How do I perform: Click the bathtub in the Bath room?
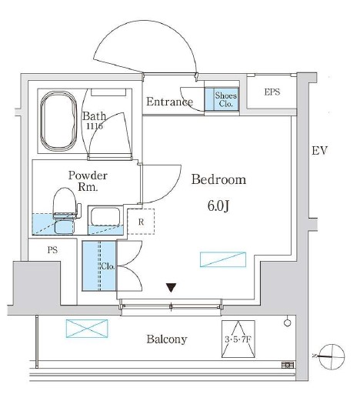coord(58,121)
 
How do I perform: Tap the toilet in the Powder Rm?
coord(65,211)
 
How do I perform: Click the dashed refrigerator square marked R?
coord(141,222)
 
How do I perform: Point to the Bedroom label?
coord(218,179)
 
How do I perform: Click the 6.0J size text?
coord(218,206)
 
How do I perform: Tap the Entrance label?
coord(169,102)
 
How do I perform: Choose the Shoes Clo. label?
coord(225,100)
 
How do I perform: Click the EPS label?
coord(272,92)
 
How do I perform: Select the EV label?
coord(319,151)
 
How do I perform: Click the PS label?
coord(52,250)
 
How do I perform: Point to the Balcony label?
coord(167,339)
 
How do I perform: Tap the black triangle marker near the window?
coord(171,287)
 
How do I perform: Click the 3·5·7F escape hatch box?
coord(238,339)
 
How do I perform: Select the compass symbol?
coord(332,357)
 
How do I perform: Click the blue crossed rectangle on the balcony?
coord(87,329)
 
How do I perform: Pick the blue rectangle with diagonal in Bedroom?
coord(223,259)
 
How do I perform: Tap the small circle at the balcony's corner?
coord(288,322)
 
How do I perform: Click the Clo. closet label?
coord(108,266)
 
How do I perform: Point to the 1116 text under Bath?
coord(95,126)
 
